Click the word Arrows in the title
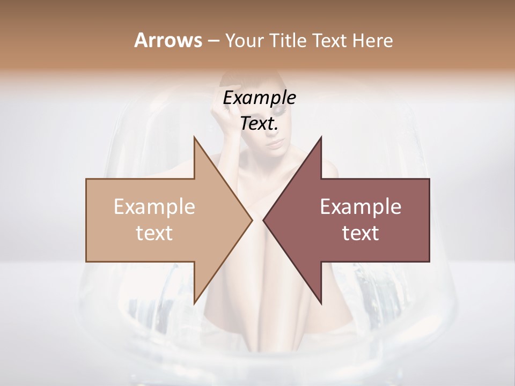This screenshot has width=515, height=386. coord(168,40)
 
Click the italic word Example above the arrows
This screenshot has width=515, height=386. coord(260,98)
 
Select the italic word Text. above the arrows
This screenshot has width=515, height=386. coord(260,124)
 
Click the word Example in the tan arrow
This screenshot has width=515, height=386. coord(154,207)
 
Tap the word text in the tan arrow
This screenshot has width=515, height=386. coord(154,233)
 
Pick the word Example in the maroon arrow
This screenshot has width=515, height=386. coord(360,207)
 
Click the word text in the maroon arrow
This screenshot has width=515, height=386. coord(360,233)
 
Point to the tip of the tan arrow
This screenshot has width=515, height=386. coord(252,220)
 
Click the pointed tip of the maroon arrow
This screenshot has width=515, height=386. coord(263,220)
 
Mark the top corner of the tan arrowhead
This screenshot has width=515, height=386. coord(194,137)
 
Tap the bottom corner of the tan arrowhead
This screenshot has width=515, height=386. coord(194,304)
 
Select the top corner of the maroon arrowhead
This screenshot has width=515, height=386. coord(321,137)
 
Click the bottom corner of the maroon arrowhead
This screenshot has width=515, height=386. coord(321,304)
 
